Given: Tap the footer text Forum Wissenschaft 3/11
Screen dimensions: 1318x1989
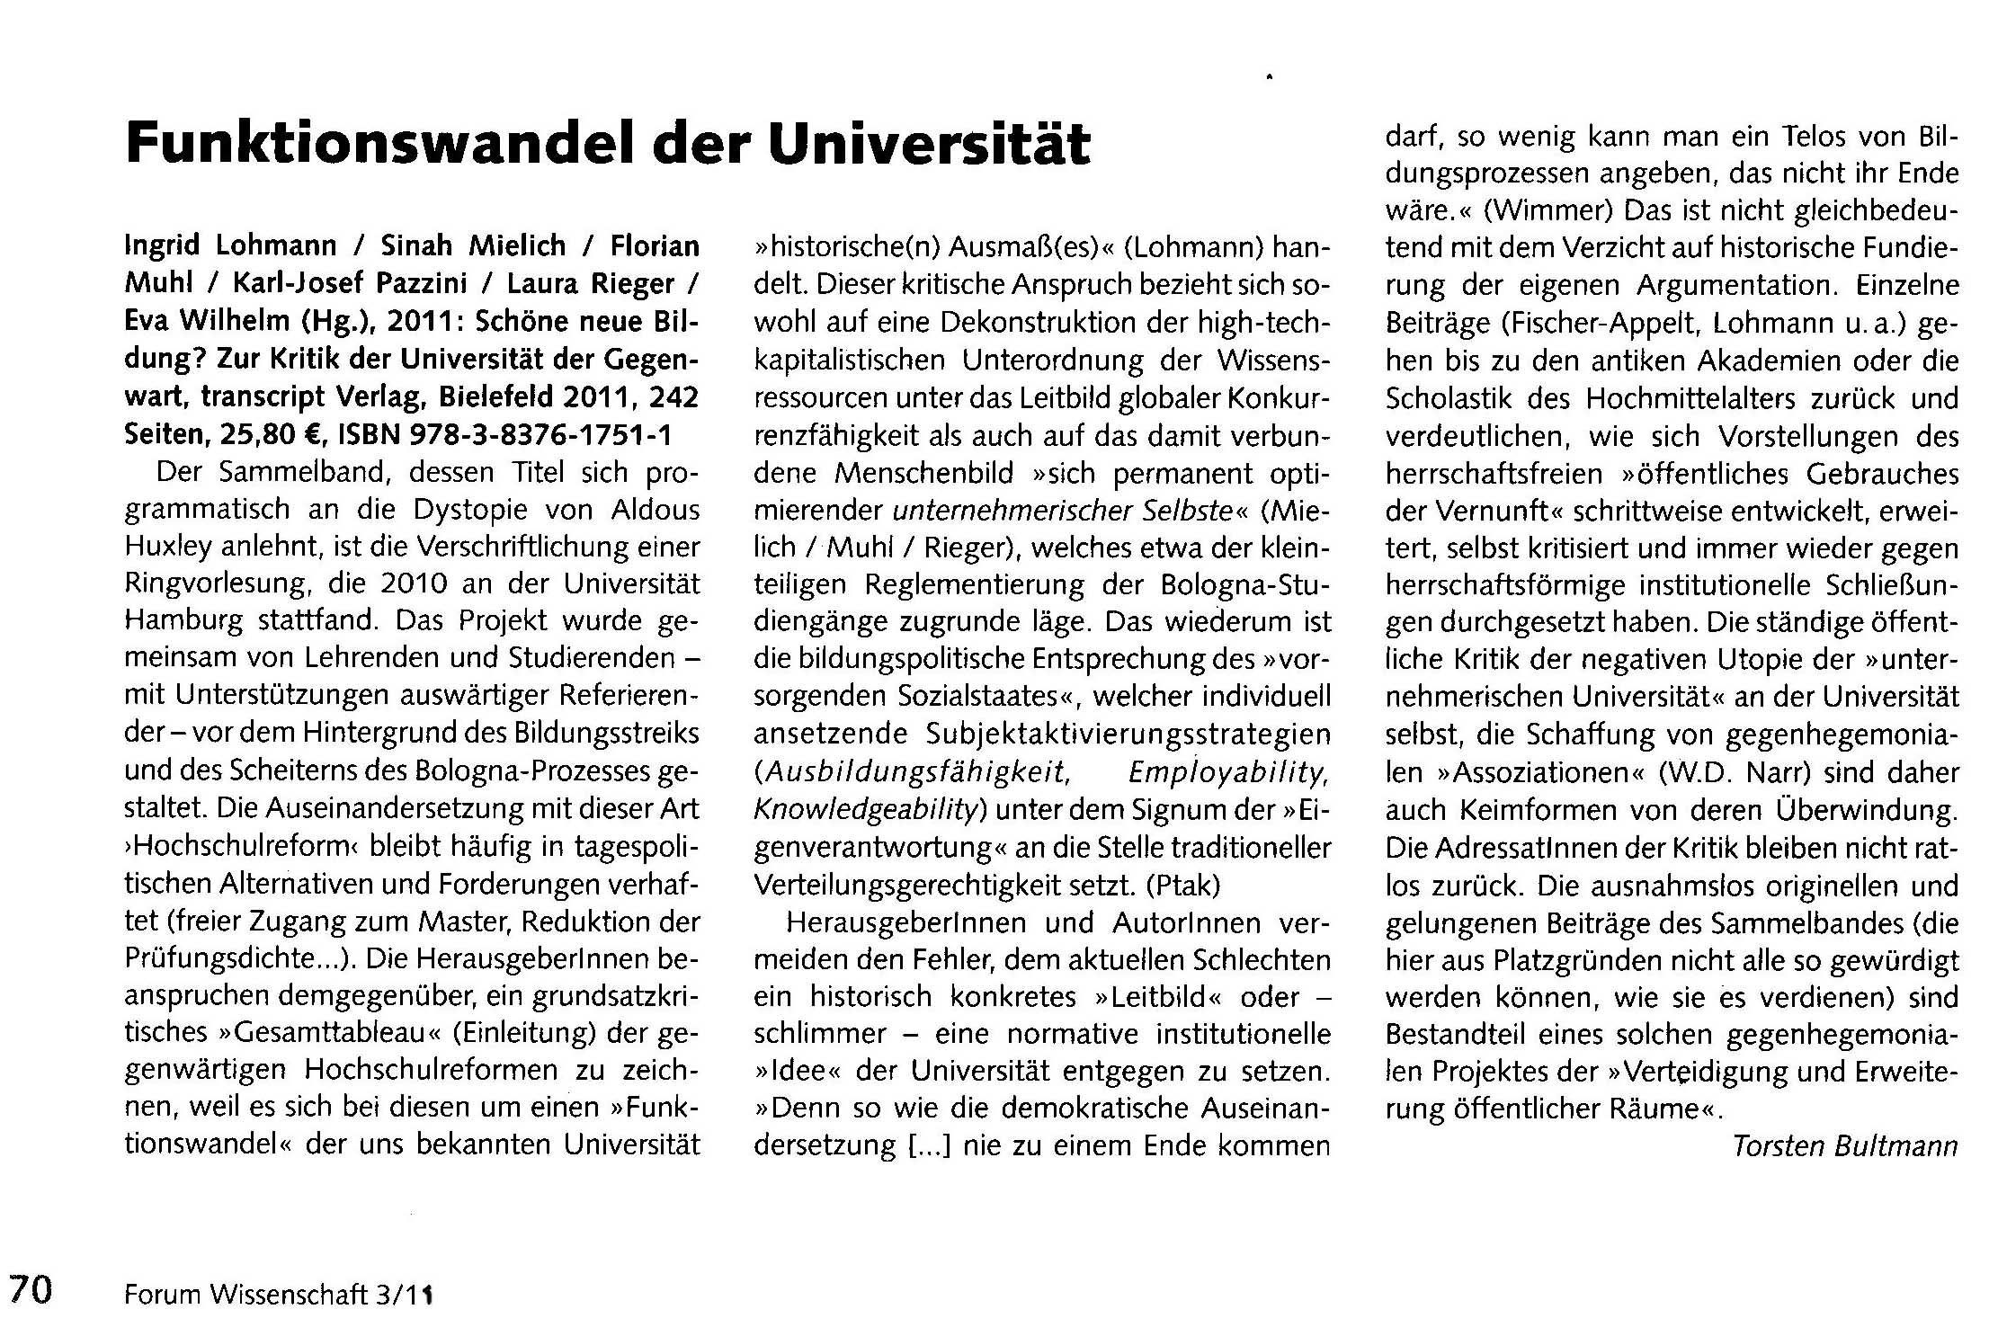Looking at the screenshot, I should [x=279, y=1294].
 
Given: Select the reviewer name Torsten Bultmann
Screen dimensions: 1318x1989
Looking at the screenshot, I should [x=1844, y=1146].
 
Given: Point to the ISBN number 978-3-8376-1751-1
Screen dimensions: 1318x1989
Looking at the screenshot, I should [x=540, y=435].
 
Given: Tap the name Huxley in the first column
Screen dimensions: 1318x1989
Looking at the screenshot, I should [x=169, y=547].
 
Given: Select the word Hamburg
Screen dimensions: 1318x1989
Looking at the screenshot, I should [x=183, y=621].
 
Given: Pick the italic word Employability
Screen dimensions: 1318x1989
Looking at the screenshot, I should [x=1228, y=772].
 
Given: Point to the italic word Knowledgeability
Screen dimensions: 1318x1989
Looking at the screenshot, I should [x=864, y=810].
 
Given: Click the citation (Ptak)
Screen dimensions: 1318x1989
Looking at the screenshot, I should [x=1182, y=886].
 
